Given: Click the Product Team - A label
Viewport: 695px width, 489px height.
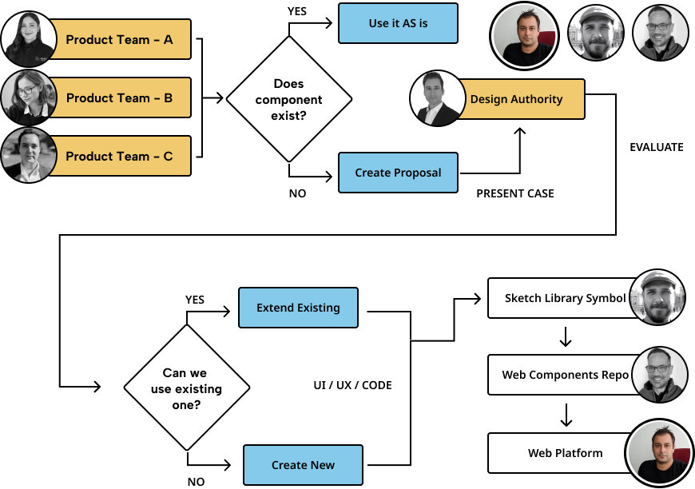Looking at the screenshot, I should point(120,39).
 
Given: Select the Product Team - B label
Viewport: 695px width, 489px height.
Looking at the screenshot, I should point(120,97).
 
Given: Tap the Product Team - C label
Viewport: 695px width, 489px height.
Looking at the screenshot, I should point(120,156).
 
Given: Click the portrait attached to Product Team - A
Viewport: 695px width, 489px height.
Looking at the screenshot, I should point(29,38).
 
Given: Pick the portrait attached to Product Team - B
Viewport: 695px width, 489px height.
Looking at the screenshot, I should point(29,97).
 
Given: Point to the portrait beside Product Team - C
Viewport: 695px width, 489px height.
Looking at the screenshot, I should point(29,155).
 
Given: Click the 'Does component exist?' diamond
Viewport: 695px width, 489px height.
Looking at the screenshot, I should point(289,99).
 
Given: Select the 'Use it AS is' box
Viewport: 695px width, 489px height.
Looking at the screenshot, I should point(398,23).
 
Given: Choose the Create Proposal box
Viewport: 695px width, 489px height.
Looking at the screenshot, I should point(398,173).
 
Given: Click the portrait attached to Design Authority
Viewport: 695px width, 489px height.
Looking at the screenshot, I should point(438,98).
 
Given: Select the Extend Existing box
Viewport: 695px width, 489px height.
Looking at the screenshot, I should point(298,308).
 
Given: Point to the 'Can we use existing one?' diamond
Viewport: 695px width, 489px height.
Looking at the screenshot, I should point(187,388).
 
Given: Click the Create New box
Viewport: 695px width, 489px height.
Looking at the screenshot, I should point(303,465).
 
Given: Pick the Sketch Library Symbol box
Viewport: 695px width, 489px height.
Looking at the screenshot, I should point(559,298).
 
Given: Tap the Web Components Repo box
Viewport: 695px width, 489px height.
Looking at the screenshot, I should point(559,375).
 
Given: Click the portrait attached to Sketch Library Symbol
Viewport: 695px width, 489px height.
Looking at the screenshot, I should point(657,297).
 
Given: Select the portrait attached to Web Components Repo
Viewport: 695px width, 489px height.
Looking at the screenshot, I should point(659,374).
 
